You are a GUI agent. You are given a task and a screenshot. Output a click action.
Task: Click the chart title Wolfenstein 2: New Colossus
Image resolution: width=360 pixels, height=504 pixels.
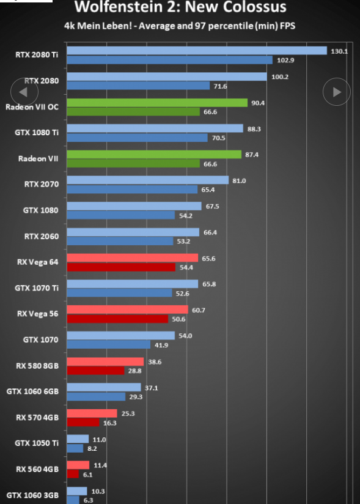click(x=180, y=7)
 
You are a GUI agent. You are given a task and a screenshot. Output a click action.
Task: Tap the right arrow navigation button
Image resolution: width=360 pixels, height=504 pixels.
click(x=337, y=92)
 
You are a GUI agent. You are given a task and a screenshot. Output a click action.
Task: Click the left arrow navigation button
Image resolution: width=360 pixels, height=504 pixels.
click(x=24, y=92)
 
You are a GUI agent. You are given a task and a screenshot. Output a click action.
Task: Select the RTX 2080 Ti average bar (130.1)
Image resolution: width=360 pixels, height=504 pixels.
click(x=197, y=51)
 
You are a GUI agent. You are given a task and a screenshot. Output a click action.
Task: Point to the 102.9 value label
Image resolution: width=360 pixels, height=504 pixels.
click(x=285, y=60)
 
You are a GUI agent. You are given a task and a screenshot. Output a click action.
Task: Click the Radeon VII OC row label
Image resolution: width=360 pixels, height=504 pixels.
click(x=32, y=106)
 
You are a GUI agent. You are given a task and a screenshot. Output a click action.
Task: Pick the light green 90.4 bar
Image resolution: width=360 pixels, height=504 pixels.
click(x=157, y=103)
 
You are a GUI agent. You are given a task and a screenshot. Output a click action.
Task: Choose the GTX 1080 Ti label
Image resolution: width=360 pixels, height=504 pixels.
click(x=37, y=133)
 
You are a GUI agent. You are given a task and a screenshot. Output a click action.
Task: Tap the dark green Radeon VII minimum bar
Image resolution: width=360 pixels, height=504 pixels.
click(x=133, y=163)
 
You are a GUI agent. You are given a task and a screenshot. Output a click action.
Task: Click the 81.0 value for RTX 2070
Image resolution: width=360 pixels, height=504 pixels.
click(x=239, y=180)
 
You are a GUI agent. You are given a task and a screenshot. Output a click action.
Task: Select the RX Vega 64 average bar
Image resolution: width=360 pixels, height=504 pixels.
click(x=133, y=258)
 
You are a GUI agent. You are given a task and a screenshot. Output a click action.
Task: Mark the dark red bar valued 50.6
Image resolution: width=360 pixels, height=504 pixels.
click(x=117, y=319)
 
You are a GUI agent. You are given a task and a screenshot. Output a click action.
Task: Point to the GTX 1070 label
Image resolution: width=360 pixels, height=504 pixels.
click(x=41, y=339)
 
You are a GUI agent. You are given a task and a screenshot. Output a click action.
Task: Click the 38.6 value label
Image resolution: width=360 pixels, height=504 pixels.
click(x=155, y=362)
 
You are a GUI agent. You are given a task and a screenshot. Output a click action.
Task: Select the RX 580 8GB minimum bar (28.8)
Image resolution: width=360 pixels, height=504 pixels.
click(x=96, y=371)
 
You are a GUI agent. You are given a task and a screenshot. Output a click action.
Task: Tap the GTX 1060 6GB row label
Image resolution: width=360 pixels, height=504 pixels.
click(x=32, y=391)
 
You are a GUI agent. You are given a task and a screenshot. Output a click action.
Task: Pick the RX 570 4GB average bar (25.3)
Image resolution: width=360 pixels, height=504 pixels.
click(x=92, y=413)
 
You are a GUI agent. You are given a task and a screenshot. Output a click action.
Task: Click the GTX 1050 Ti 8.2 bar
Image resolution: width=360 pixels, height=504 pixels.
click(x=75, y=448)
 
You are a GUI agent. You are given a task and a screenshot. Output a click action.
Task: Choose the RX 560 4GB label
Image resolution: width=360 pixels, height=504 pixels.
click(x=37, y=469)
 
